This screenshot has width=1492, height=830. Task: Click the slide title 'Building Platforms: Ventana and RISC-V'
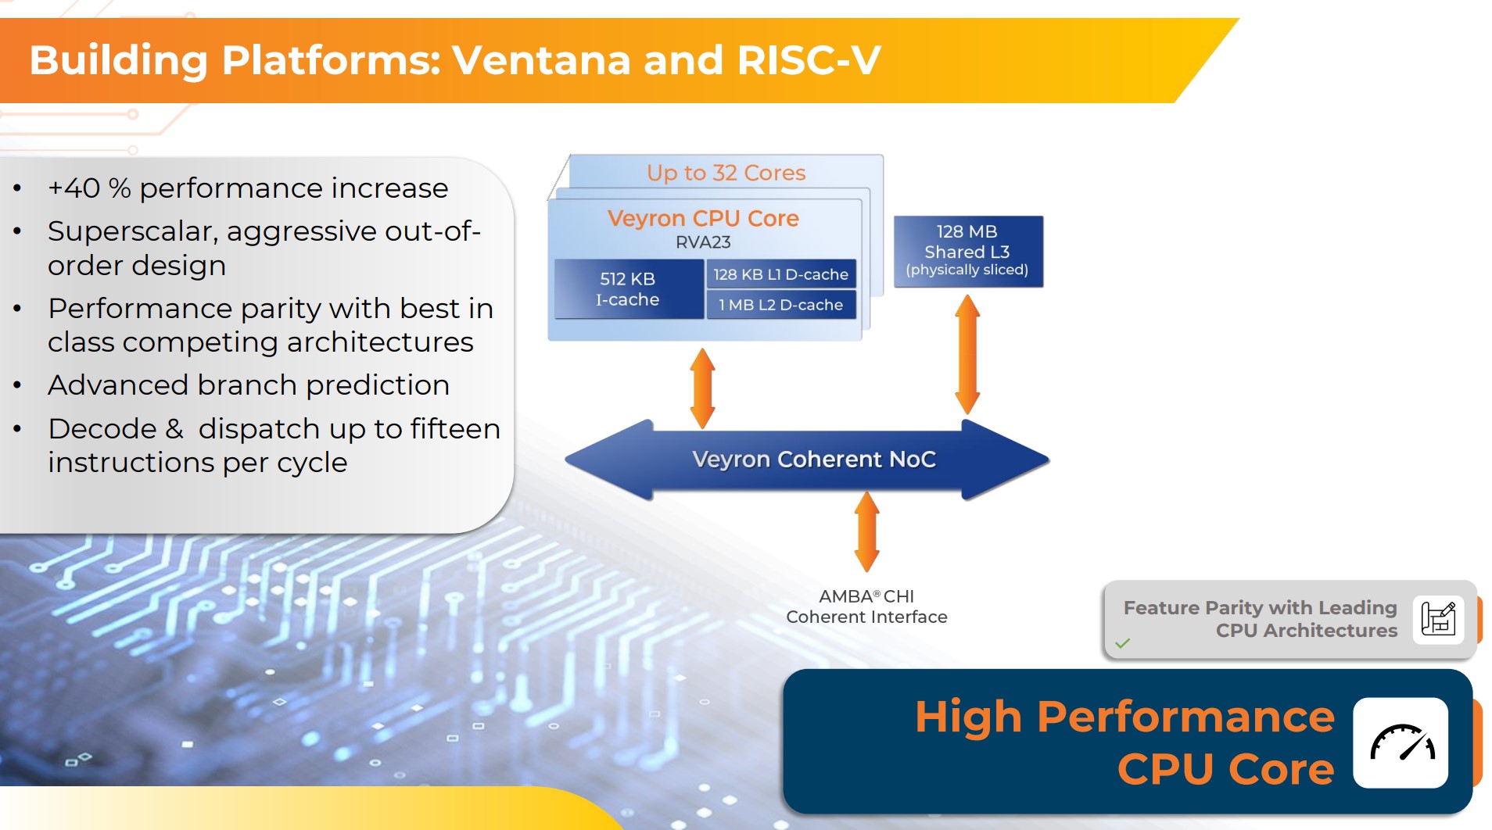tap(455, 60)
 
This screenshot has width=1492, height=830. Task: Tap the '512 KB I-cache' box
tap(628, 289)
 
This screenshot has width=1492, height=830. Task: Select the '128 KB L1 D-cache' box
tap(780, 274)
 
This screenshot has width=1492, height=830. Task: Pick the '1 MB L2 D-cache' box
tap(780, 305)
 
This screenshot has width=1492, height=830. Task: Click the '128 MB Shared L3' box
tap(967, 251)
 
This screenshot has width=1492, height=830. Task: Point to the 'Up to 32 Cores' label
tap(726, 173)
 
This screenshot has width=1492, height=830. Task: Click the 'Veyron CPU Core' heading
tap(703, 218)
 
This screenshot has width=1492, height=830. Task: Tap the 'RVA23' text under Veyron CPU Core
tap(703, 242)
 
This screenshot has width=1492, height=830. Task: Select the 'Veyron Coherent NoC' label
tap(813, 460)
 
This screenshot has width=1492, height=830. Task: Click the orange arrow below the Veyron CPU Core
tap(702, 388)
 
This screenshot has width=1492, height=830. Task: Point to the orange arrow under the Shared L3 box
tap(967, 354)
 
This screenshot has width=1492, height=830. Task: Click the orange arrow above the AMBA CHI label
tap(866, 531)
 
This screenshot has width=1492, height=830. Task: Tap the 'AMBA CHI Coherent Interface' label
tap(866, 606)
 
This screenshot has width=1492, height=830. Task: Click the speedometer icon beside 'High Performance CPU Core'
tap(1401, 742)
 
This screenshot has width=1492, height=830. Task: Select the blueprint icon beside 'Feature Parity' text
tap(1437, 619)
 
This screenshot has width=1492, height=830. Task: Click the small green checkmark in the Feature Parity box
tap(1122, 643)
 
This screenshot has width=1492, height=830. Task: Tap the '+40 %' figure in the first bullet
tap(88, 188)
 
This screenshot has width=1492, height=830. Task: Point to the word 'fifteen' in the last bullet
tap(455, 429)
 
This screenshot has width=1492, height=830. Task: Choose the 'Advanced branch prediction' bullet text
tap(249, 385)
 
